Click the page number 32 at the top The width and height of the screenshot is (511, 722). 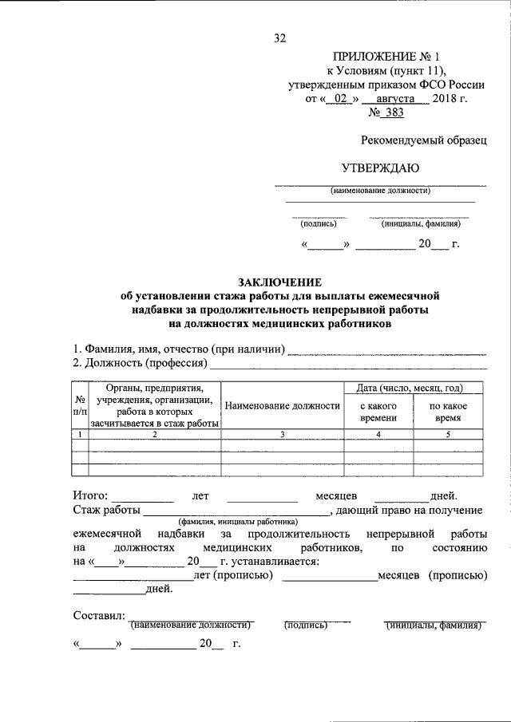pyautogui.click(x=279, y=37)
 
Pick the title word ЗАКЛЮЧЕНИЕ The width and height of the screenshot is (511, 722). pyautogui.click(x=279, y=282)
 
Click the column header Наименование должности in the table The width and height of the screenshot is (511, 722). pyautogui.click(x=283, y=406)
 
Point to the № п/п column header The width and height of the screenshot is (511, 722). pyautogui.click(x=80, y=406)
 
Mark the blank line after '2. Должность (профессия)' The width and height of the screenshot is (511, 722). pyautogui.click(x=347, y=367)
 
